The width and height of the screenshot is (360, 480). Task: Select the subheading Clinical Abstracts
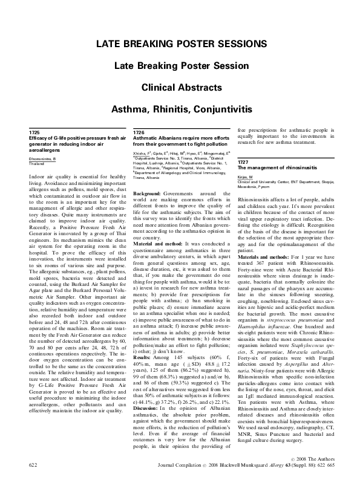[x=180, y=87]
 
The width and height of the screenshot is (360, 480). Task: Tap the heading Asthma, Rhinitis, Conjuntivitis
[x=180, y=109]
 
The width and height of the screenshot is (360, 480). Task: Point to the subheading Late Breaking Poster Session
[x=180, y=65]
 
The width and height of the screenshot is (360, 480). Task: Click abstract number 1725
[x=34, y=132]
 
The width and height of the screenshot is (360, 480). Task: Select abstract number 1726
[x=139, y=132]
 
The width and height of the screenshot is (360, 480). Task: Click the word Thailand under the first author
[x=38, y=164]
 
